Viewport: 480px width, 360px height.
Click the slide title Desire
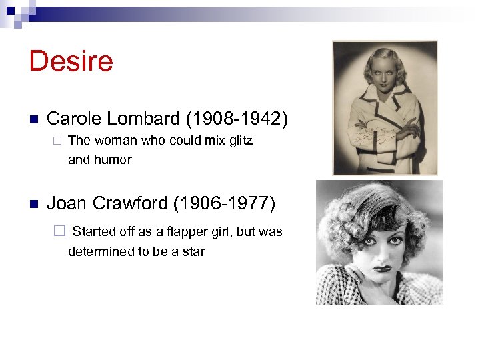point(71,61)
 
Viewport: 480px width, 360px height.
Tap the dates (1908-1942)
point(237,119)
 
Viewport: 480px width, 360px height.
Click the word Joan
point(67,203)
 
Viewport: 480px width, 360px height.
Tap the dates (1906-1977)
point(231,203)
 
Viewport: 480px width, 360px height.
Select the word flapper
point(189,232)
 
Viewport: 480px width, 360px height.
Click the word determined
point(100,252)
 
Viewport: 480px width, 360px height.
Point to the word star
point(193,252)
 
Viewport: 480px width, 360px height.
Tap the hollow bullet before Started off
point(59,232)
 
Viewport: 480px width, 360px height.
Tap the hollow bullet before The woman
point(58,141)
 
